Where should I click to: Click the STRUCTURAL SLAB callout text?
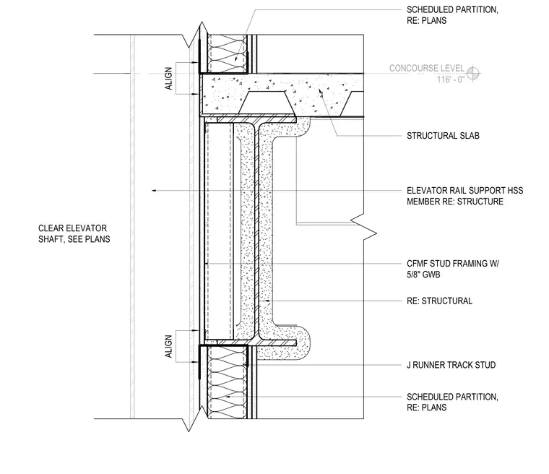click(443, 136)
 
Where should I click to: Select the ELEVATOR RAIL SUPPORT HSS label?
click(465, 191)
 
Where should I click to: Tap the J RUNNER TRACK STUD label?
click(451, 365)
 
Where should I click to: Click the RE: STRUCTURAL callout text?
click(439, 301)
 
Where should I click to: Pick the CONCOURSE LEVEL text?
click(426, 69)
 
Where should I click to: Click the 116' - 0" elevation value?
click(450, 79)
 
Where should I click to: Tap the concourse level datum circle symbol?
click(472, 74)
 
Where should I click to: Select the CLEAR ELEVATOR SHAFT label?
click(74, 233)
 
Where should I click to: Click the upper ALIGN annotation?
click(169, 79)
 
